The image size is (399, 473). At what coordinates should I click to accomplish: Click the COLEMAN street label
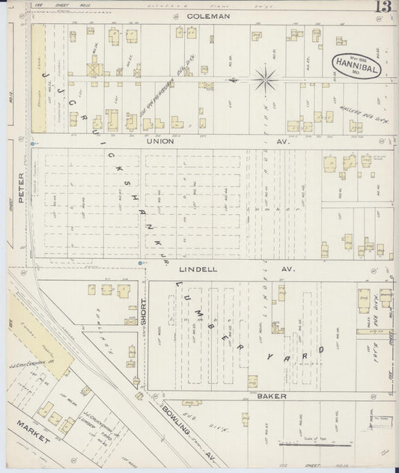pyautogui.click(x=207, y=15)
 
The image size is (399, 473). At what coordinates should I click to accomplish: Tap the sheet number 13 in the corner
pyautogui.click(x=385, y=8)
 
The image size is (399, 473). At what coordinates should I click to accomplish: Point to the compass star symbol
pyautogui.click(x=265, y=78)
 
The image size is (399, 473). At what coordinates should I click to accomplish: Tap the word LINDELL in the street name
pyautogui.click(x=201, y=267)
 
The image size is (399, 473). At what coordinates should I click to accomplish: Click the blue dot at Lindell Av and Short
pyautogui.click(x=141, y=263)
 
